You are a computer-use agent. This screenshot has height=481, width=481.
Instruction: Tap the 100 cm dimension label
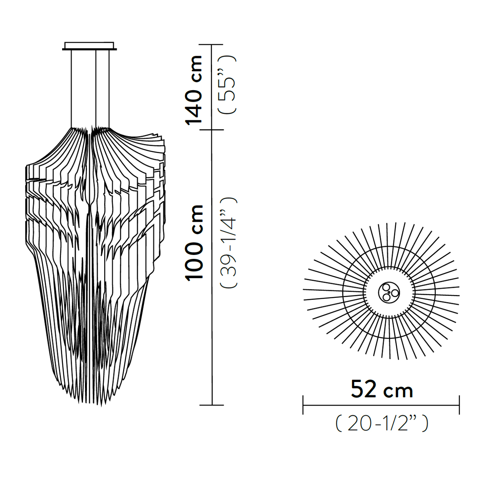195,243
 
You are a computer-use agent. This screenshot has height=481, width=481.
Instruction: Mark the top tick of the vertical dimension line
212,44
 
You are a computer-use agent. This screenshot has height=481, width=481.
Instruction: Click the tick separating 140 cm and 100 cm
212,130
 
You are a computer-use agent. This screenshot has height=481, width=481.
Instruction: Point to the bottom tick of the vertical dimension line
212,405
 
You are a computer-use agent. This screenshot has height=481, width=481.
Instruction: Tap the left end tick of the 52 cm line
303,405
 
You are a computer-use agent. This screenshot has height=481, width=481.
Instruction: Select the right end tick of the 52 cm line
459,405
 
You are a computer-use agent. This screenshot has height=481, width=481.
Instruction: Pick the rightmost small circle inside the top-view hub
395,293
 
